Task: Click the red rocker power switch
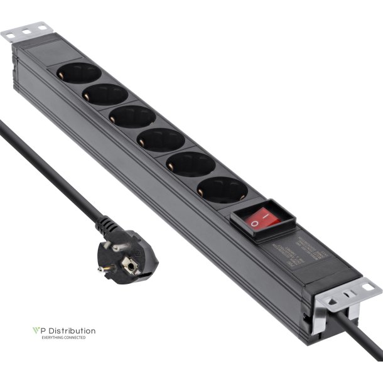pos(262,218)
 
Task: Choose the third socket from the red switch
pos(160,139)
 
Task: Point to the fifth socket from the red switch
pos(105,95)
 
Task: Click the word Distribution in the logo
pos(68,330)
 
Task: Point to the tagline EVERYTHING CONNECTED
pos(63,338)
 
